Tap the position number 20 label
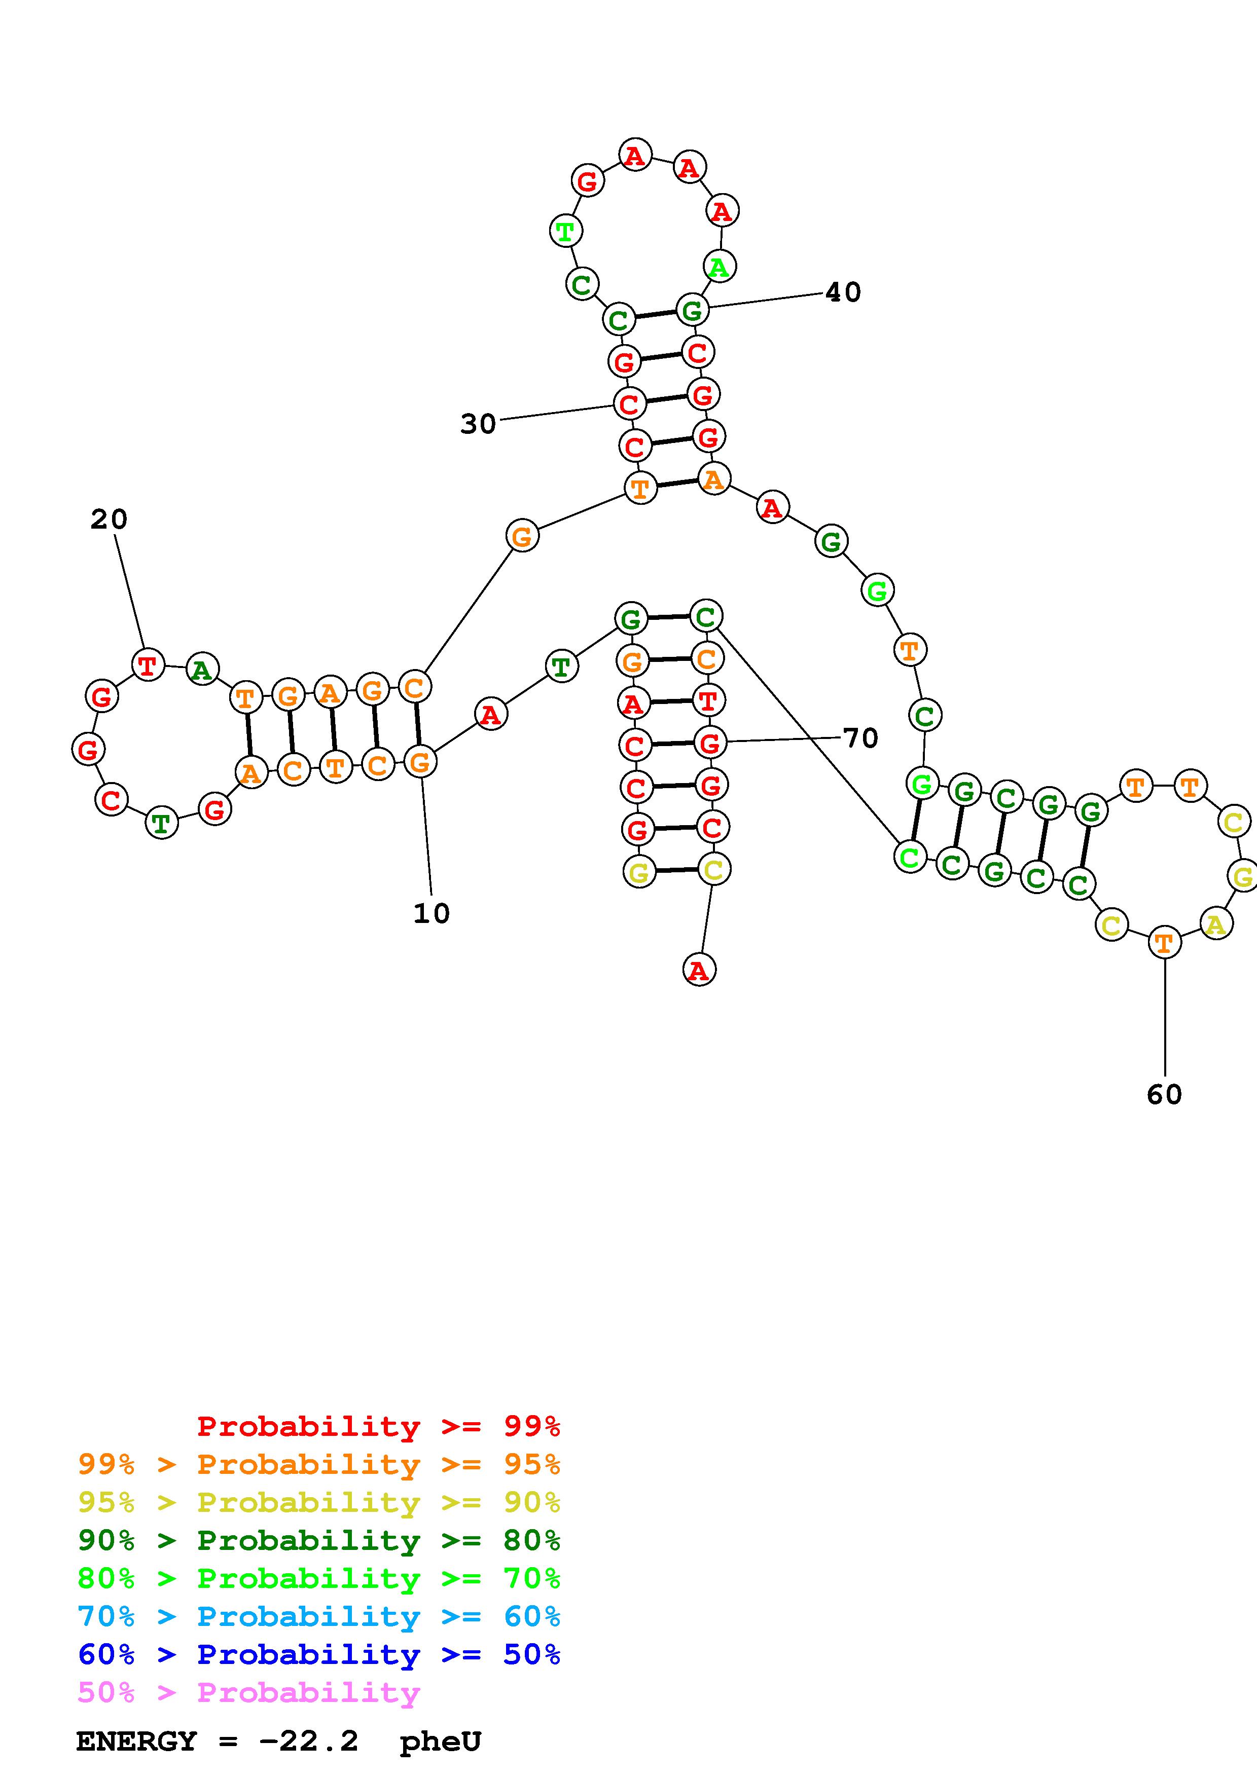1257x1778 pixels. [109, 519]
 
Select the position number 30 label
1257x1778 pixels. [478, 424]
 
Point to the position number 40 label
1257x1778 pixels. [843, 292]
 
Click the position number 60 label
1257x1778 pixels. [1164, 1094]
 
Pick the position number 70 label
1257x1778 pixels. [860, 738]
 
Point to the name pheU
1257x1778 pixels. [440, 1742]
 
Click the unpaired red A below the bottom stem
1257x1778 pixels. [699, 970]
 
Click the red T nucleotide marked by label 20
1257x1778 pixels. [147, 665]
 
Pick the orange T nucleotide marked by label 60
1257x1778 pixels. [1164, 942]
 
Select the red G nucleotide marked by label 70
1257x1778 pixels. [709, 744]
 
